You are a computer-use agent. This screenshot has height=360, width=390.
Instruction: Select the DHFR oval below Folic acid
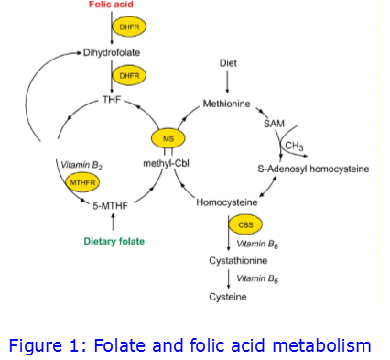(x=126, y=27)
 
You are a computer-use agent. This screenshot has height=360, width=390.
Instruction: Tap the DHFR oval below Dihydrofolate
(x=126, y=75)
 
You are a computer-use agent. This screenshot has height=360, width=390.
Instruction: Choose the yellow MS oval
(x=168, y=137)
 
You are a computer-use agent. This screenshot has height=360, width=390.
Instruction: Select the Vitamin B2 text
(x=81, y=165)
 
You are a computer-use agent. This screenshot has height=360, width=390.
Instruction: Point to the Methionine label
(x=226, y=104)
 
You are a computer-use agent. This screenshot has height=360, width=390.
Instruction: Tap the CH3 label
(x=294, y=146)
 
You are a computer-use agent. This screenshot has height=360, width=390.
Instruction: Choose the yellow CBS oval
(x=244, y=224)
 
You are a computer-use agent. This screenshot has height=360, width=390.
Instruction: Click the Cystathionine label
(x=237, y=260)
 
